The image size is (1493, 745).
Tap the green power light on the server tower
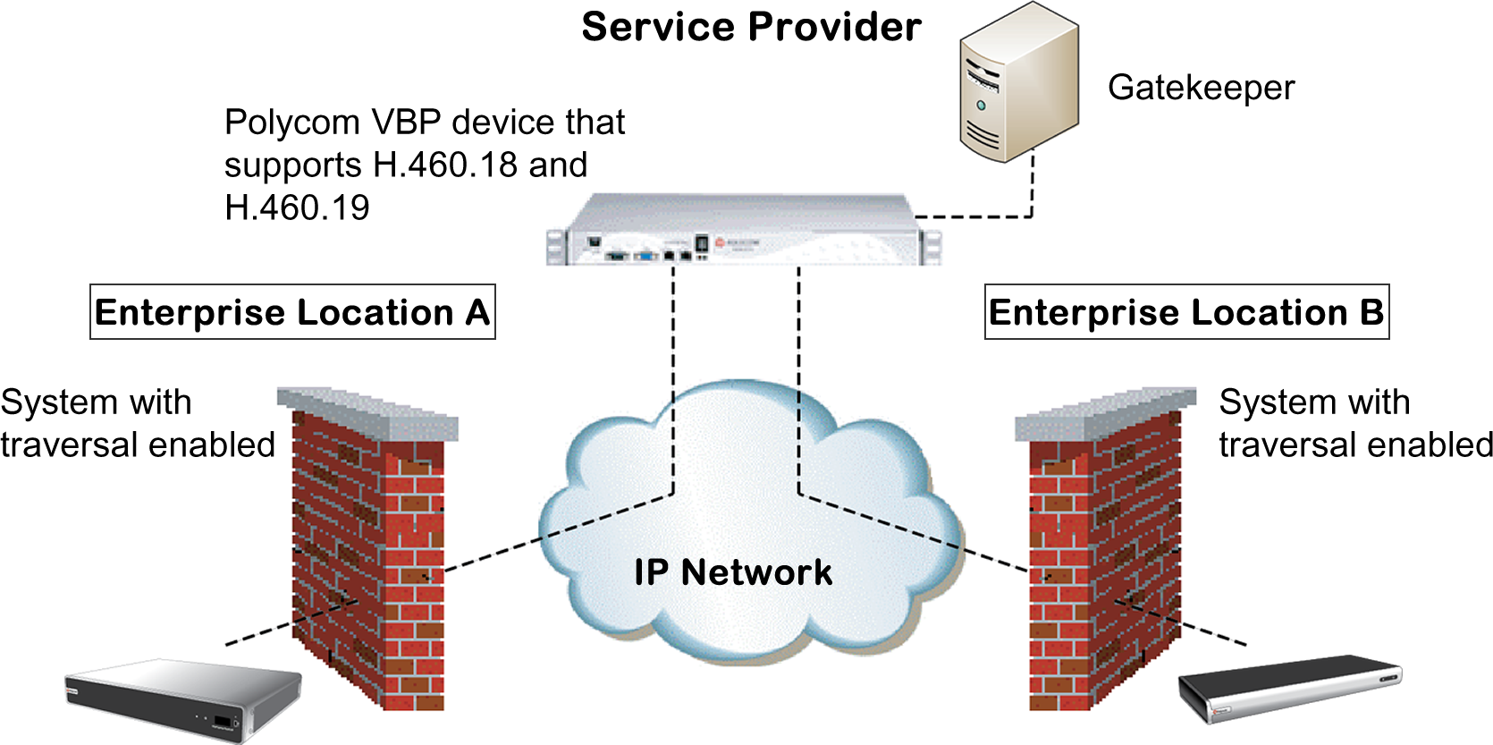pos(981,106)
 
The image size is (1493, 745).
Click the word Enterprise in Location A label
pos(190,312)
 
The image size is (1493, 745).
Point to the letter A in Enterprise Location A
pos(477,312)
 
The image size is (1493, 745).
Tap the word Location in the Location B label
pos(1269,312)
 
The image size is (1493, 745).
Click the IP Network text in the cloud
pos(733,572)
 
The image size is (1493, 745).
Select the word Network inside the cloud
pos(756,572)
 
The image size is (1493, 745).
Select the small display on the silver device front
pos(221,721)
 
